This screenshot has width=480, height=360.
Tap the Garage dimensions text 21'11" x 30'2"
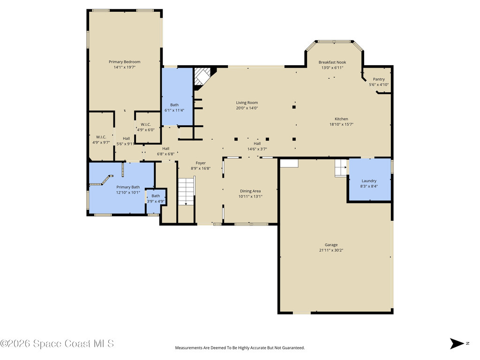(331, 250)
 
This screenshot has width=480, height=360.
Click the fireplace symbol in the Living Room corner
(203, 76)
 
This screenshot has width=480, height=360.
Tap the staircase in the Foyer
(186, 191)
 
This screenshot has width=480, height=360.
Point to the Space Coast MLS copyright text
(57, 344)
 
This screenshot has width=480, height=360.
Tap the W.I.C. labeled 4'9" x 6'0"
(145, 127)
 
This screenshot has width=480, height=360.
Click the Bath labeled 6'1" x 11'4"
(174, 107)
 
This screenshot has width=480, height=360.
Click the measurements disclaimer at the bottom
(240, 348)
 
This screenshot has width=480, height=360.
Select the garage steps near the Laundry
(340, 168)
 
